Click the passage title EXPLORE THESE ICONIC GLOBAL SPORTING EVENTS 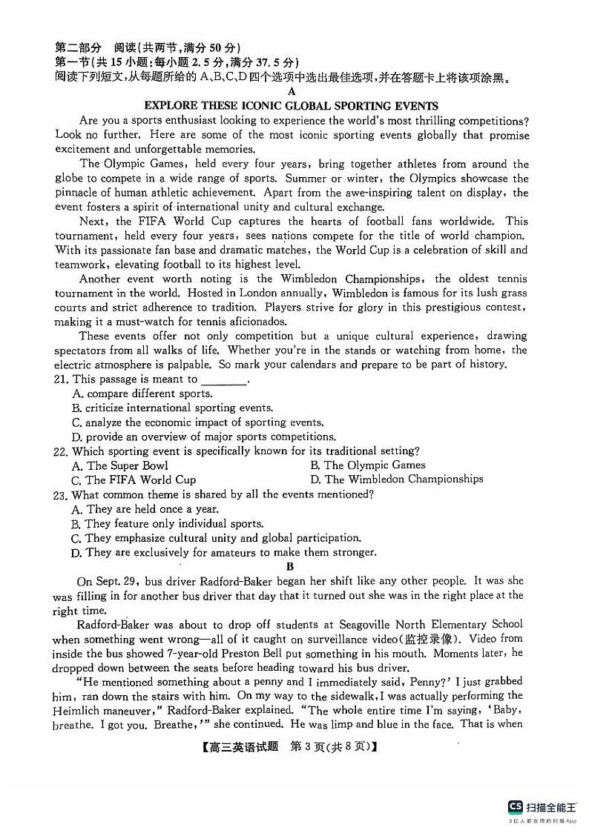[x=291, y=106]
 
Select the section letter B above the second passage [x=291, y=566]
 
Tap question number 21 [x=62, y=379]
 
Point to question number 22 [x=62, y=451]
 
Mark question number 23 [x=62, y=494]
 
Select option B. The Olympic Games [x=367, y=465]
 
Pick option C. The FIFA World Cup [x=134, y=479]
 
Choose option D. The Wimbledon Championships [x=396, y=479]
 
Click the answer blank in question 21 [x=223, y=380]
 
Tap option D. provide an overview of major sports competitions [x=203, y=437]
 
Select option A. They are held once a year [x=145, y=509]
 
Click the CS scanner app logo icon [x=514, y=807]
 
